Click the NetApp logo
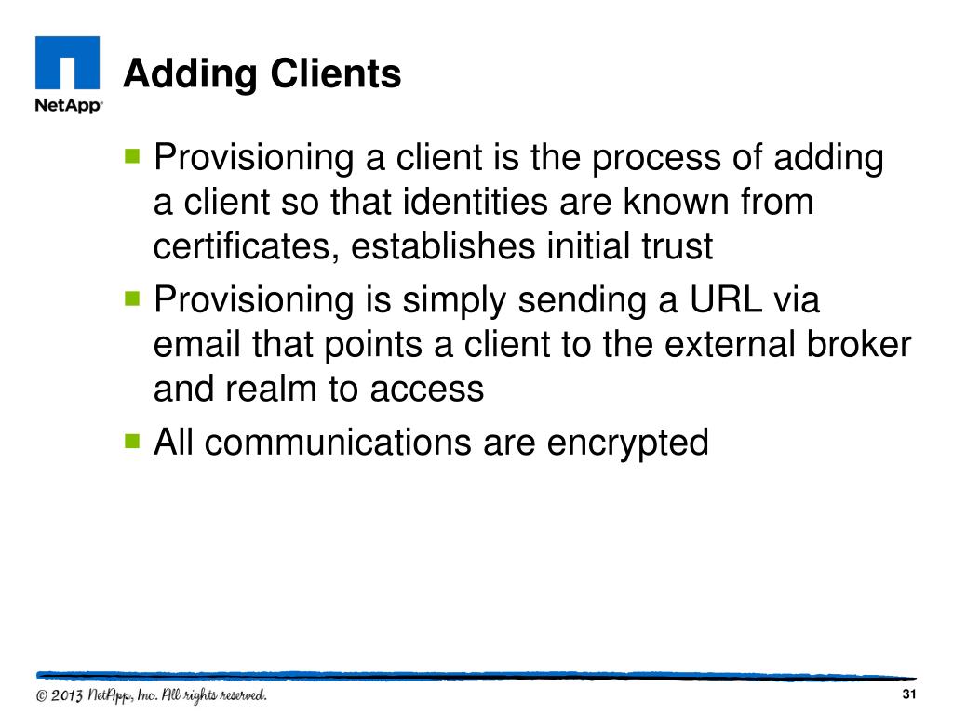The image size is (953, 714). pos(68,74)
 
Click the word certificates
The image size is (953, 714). pos(247,247)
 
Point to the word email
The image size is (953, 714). pos(199,345)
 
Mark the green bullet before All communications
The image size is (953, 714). pos(131,439)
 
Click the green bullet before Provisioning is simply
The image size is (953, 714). pos(131,297)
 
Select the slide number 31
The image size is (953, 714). pos(910,697)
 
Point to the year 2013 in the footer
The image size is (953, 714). pos(69,696)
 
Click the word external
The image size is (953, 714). pos(720,345)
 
